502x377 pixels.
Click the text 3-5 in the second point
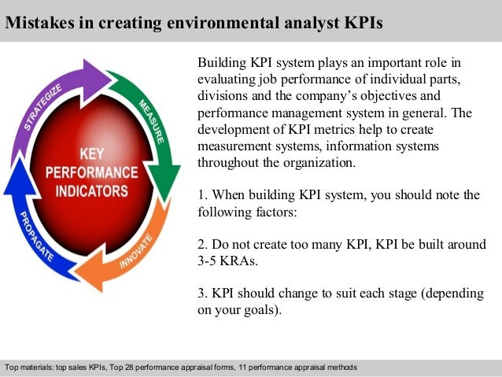(209, 260)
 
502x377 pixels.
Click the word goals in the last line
(257, 309)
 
